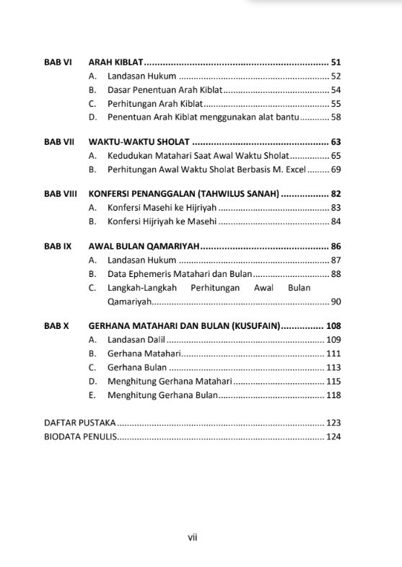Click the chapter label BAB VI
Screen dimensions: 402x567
(x=57, y=62)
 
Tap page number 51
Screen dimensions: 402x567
(x=336, y=62)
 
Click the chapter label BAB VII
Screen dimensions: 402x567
(x=58, y=142)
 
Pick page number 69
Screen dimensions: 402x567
(x=336, y=170)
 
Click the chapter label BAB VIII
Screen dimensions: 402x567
(x=60, y=194)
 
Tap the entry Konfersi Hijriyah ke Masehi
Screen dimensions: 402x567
(x=162, y=221)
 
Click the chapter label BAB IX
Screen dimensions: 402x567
(x=58, y=246)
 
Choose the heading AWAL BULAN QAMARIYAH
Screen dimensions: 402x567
(x=144, y=246)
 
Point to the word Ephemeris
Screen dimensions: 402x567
(x=152, y=273)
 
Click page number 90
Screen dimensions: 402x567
(x=336, y=301)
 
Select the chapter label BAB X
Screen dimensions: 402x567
(x=56, y=325)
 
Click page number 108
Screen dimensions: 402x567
(x=333, y=325)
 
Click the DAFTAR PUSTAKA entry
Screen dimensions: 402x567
(x=79, y=423)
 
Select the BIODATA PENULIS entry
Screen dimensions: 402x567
(x=79, y=436)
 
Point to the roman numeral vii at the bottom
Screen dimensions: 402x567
(x=193, y=537)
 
